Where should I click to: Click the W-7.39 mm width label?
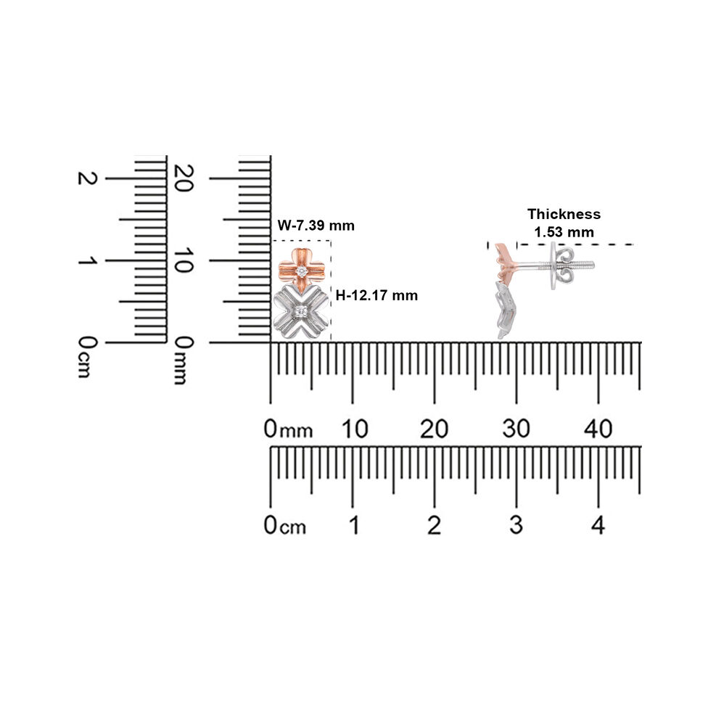(316, 226)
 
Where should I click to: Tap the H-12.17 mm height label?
(376, 296)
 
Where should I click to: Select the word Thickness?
(564, 214)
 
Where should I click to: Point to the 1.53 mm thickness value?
(564, 232)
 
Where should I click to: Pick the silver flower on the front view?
(301, 312)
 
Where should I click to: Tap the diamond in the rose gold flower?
(302, 271)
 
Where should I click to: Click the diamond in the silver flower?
(301, 311)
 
